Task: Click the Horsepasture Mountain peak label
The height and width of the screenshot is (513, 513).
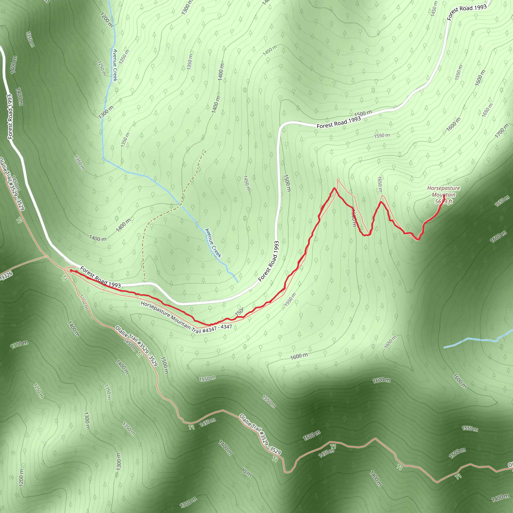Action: (443, 195)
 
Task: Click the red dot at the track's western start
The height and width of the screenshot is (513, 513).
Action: (71, 271)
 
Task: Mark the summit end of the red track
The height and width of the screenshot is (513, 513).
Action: (444, 196)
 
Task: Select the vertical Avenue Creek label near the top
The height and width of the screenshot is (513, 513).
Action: (115, 65)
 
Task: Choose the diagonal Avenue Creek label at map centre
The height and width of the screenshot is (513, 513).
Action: (213, 243)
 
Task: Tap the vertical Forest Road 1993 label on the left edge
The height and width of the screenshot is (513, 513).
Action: (10, 116)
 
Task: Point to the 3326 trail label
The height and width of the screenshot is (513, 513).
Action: (6, 276)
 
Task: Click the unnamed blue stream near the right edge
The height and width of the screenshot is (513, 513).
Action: (478, 340)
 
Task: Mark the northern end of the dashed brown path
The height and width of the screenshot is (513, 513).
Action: (205, 151)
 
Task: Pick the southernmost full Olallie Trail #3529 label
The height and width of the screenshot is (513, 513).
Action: (260, 434)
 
